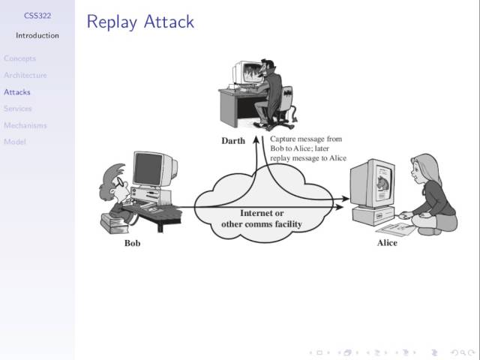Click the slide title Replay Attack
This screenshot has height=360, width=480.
tap(140, 22)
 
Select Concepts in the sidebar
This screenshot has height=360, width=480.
tap(19, 58)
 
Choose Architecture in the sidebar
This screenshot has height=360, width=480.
tap(25, 75)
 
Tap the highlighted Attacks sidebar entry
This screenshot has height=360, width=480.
tap(17, 92)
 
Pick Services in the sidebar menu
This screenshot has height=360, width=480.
tap(18, 109)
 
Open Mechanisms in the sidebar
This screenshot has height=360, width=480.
tap(25, 125)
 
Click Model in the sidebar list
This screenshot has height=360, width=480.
tap(14, 142)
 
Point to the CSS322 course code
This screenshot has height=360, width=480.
tap(37, 15)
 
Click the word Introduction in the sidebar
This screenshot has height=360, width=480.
tap(37, 35)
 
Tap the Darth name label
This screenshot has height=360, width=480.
tap(233, 141)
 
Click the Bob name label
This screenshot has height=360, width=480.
tap(132, 243)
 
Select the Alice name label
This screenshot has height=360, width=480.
tap(387, 243)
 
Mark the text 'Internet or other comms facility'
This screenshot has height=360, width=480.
tap(261, 219)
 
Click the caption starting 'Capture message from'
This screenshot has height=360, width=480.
tap(307, 148)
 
